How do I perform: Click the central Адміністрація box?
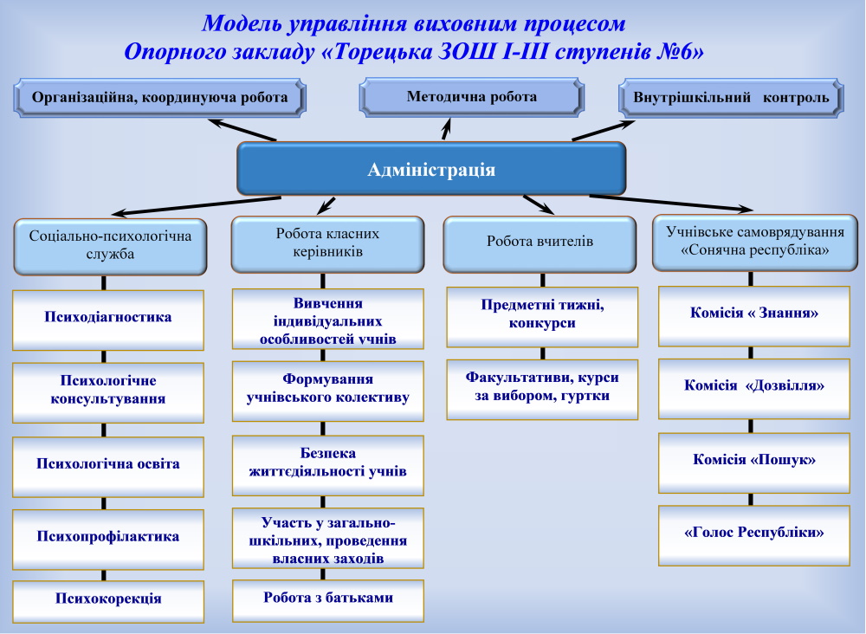pos(431,169)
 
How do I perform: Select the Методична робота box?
pos(471,97)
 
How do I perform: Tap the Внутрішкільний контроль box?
pos(731,98)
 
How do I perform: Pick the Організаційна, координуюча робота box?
pos(159,98)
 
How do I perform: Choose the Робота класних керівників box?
pos(327,243)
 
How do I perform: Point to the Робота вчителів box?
pos(540,243)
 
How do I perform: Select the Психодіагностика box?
pos(107,318)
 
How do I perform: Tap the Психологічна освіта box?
pos(107,464)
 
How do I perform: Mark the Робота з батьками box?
pos(327,598)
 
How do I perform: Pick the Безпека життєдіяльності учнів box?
pos(327,463)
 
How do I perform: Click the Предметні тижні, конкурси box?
pos(542,315)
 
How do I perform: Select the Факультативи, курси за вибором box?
pos(542,387)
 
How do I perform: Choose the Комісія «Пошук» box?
pos(754,460)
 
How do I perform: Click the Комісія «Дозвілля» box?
pos(754,387)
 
